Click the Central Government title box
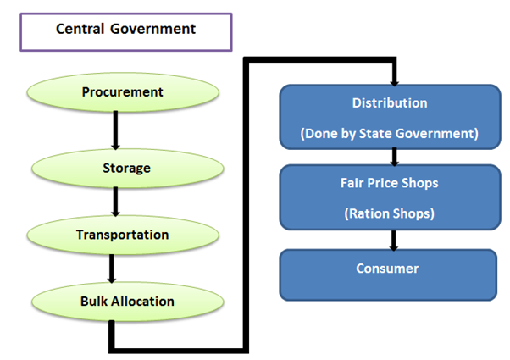pos(125,30)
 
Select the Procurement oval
pos(122,91)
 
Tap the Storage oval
pos(126,168)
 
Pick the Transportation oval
pos(122,235)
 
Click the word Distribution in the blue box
pos(390,103)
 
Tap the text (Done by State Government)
pos(390,133)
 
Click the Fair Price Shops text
pos(390,182)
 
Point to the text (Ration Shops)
pos(390,213)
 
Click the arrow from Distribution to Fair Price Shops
pos(394,156)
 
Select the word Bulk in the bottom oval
pos(92,302)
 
